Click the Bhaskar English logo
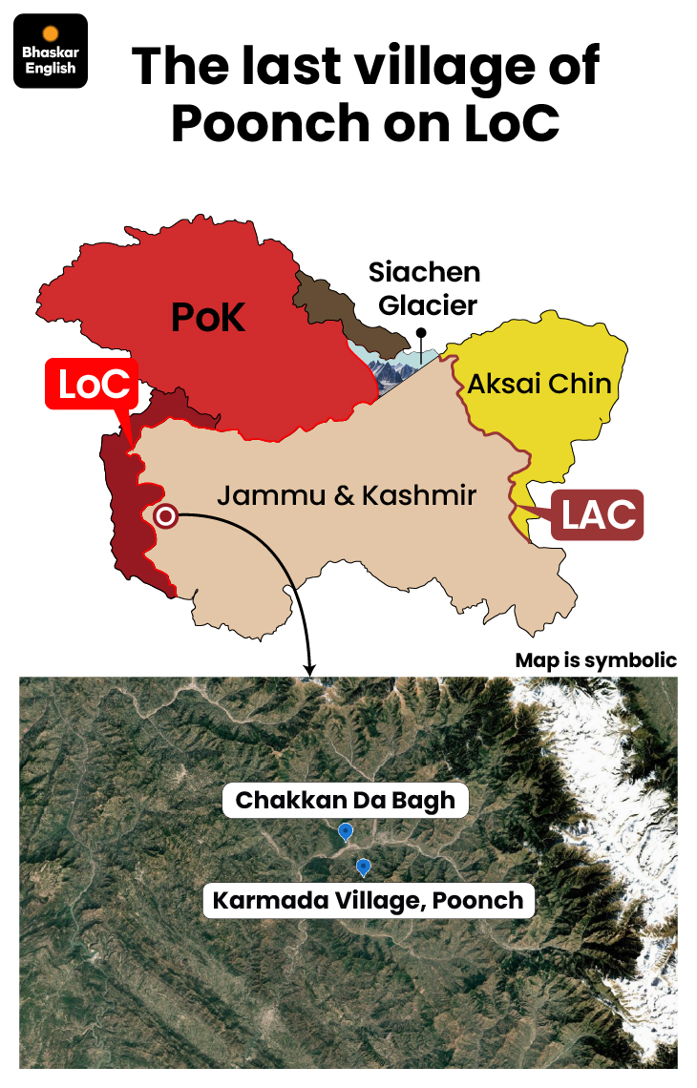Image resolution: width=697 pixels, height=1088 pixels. (x=52, y=52)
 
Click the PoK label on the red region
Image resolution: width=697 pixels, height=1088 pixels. (x=208, y=317)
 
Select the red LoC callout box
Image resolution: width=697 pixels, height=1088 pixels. (x=92, y=385)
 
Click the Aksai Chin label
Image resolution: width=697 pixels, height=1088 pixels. (x=539, y=384)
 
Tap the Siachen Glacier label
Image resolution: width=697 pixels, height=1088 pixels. (x=424, y=288)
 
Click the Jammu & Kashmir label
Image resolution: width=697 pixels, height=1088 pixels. (x=346, y=494)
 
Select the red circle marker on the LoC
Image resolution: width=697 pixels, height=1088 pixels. (x=165, y=516)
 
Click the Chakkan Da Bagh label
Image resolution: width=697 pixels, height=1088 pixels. (x=346, y=800)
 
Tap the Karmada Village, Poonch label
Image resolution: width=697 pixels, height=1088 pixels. (x=369, y=900)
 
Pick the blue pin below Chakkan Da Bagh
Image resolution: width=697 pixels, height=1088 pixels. (x=346, y=832)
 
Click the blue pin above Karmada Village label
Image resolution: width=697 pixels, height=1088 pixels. (x=363, y=867)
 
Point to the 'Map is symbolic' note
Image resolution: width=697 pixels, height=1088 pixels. (x=596, y=660)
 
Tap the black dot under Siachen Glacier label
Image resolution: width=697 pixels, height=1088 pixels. (x=419, y=333)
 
